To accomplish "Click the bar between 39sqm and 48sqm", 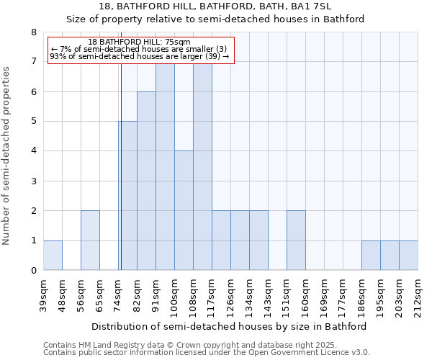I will coord(53,255).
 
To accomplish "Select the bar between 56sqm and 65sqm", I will coord(90,240).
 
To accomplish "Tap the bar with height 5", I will coord(127,196).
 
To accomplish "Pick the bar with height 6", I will coord(146,181).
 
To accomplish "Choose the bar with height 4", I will coord(184,210).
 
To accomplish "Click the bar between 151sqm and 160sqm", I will coord(296,240).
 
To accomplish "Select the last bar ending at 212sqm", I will coord(408,255).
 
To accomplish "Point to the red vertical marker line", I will coord(121,166).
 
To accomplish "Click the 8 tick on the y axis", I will coord(33,32).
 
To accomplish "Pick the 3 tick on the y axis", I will coord(33,181).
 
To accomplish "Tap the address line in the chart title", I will coord(215,6).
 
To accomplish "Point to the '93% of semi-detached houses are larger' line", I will coord(140,56).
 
